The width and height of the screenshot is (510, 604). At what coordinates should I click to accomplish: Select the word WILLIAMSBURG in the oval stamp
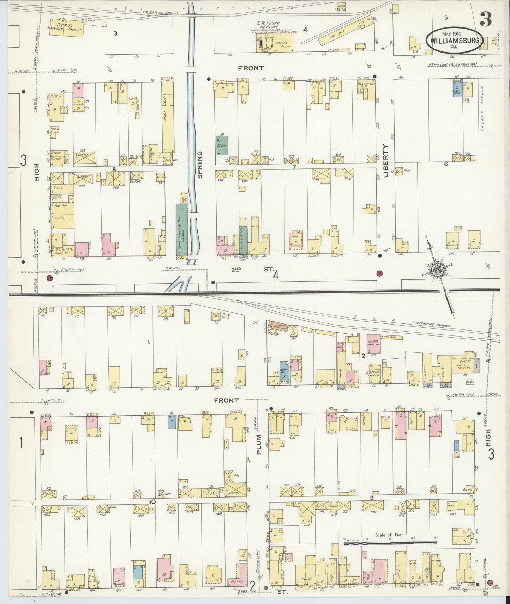(455, 40)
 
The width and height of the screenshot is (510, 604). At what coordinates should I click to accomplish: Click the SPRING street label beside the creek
(200, 165)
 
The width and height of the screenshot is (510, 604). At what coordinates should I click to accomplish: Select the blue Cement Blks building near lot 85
(457, 89)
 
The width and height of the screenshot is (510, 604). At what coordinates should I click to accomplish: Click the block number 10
(152, 501)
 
